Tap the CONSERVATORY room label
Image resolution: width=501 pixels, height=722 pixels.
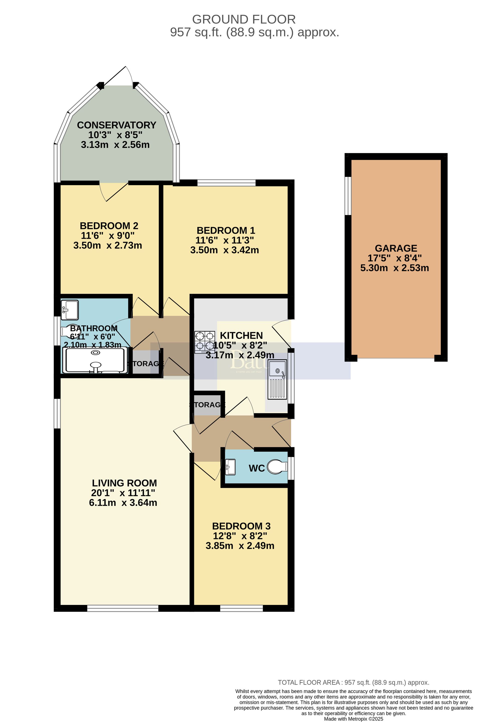(x=116, y=125)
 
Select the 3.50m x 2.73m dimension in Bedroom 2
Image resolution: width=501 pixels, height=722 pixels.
(x=108, y=245)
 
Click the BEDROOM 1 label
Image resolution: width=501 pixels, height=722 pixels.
(x=226, y=231)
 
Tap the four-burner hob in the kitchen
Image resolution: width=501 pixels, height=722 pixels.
(x=205, y=342)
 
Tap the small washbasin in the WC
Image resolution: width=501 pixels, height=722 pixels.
(x=230, y=467)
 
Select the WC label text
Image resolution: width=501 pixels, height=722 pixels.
(x=257, y=468)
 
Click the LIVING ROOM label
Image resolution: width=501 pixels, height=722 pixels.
(x=124, y=483)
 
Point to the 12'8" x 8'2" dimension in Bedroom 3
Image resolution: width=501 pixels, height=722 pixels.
(x=240, y=536)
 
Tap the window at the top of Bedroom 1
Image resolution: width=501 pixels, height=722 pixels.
(x=226, y=182)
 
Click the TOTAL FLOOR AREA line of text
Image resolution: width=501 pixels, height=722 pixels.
(x=353, y=682)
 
